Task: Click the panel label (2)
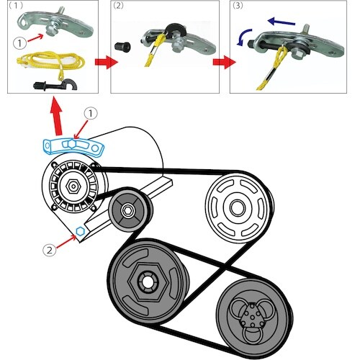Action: point(118,6)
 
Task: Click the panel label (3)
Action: point(238,6)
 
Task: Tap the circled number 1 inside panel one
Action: point(19,43)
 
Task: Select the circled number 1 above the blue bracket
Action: point(90,114)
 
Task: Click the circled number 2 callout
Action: point(50,251)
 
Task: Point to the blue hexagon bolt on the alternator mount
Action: point(80,231)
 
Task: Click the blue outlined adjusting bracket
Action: point(73,146)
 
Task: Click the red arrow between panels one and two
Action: point(107,62)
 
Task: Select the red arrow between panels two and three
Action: point(224,62)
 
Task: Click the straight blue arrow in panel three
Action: point(282,22)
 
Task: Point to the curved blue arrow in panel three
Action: point(243,35)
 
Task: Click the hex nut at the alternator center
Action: point(73,186)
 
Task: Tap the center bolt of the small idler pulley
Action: point(127,210)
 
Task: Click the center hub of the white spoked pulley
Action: point(238,207)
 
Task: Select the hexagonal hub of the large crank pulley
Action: point(147,282)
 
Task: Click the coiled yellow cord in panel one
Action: point(50,62)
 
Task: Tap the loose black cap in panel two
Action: point(122,47)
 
